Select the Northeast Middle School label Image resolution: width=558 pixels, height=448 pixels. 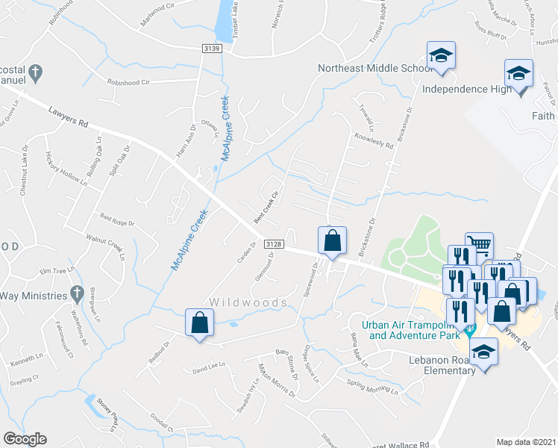point(374,68)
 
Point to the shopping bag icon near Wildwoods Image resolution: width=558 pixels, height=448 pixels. point(200,323)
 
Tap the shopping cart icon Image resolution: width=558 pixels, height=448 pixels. point(480,244)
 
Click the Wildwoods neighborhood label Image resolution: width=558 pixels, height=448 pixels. point(248,302)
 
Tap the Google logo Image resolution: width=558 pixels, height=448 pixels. point(25,439)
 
